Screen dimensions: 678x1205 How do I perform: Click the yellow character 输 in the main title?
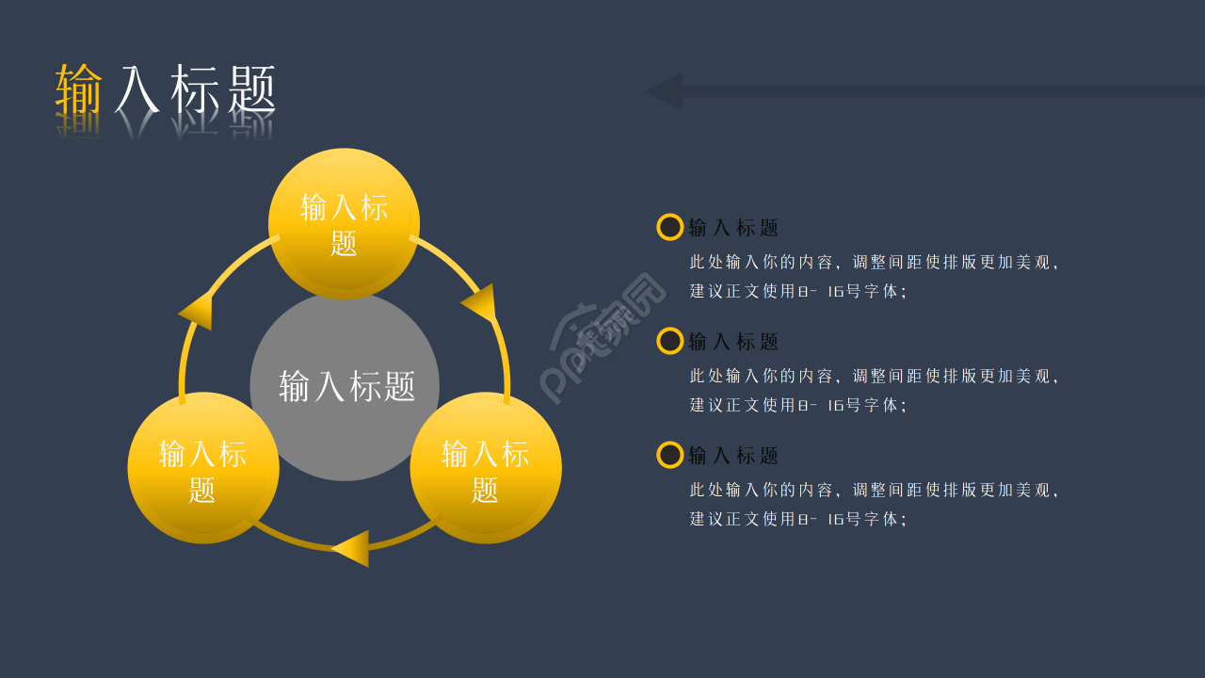coord(79,89)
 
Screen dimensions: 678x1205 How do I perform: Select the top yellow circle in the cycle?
coord(344,224)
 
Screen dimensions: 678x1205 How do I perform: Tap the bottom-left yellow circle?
coord(203,468)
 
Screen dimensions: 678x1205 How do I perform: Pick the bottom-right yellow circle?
coord(486,468)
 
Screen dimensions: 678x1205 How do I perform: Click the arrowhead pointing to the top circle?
coord(197,310)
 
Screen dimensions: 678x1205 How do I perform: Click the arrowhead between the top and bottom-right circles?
coord(480,302)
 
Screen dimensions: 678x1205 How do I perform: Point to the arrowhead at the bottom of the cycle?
coord(351,548)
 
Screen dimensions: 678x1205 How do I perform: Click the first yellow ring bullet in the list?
coord(670,227)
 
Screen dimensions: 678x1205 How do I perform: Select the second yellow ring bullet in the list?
coord(670,341)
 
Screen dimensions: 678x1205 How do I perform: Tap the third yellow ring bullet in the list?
coord(670,455)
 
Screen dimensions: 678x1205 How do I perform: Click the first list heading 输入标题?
coord(734,228)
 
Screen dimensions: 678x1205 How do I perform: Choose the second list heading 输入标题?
coord(734,342)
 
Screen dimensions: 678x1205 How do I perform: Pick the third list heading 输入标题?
coord(734,456)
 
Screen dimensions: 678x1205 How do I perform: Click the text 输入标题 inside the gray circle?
coord(347,386)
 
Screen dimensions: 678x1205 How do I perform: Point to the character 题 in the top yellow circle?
coord(344,243)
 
